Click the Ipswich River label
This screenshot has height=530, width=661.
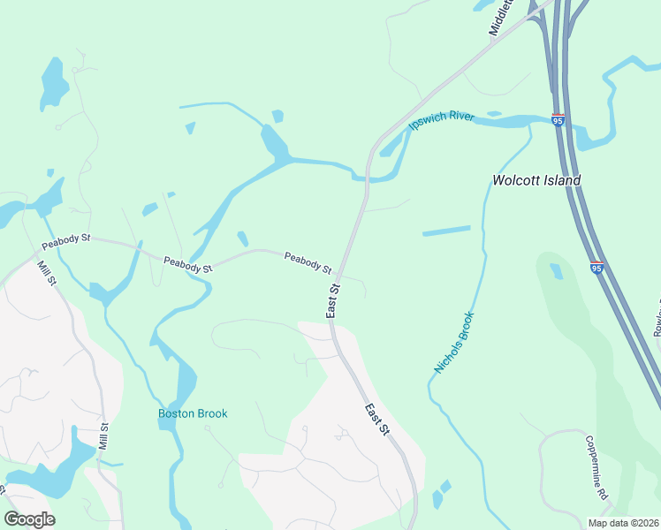point(442,121)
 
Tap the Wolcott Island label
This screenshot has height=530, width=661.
point(536,181)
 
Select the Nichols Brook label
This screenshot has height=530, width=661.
point(454,342)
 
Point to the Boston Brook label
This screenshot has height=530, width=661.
point(193,413)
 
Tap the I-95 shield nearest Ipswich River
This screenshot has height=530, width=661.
point(558,119)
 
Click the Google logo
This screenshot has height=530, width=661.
point(29,519)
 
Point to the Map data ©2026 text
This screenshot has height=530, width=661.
point(623,523)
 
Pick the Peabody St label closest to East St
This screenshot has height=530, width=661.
point(308,262)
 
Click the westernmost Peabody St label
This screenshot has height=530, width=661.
point(66,239)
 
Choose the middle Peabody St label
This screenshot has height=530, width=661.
point(188,263)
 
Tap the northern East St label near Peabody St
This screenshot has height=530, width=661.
point(333,300)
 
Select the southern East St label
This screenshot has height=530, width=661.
point(377,419)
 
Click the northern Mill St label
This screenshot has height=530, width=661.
point(46,273)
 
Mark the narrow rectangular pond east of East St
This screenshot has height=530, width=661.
point(446,231)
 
